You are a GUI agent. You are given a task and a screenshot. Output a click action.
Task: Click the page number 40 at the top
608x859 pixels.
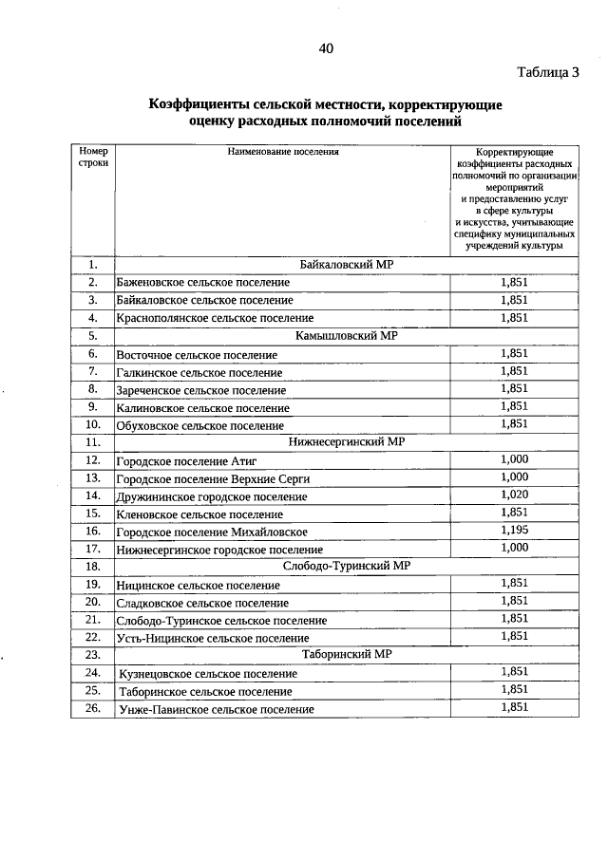tap(326, 48)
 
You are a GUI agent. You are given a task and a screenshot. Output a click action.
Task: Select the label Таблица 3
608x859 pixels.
tap(547, 72)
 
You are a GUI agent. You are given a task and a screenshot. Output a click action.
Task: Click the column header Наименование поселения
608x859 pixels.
tap(282, 151)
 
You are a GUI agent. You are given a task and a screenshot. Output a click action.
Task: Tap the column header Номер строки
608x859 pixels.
tap(93, 157)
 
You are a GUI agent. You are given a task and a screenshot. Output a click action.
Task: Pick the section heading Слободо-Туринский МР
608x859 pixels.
tap(346, 566)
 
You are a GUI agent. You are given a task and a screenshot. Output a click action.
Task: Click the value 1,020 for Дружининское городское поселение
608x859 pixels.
tap(513, 495)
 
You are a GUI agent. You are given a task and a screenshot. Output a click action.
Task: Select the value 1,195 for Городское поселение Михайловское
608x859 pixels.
tap(513, 530)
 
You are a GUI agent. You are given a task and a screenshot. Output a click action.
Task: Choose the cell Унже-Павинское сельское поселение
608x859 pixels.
tap(217, 709)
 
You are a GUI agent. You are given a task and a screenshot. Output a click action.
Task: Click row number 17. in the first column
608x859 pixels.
tap(93, 549)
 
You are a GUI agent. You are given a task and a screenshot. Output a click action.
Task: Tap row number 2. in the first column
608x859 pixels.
tap(93, 283)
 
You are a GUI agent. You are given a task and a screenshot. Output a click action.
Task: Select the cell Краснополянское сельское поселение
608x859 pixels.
tap(215, 319)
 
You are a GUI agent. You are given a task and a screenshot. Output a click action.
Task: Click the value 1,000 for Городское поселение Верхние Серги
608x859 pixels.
tap(513, 476)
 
